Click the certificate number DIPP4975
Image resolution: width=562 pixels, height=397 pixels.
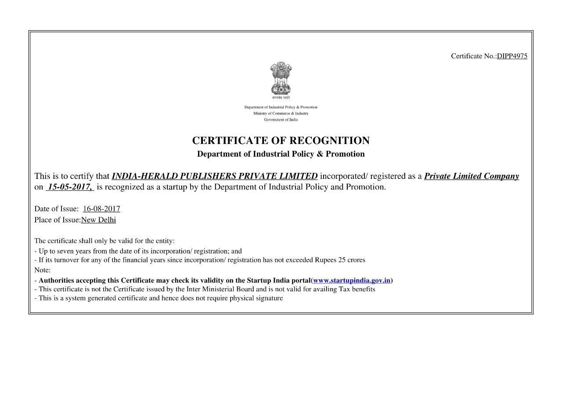[512, 56]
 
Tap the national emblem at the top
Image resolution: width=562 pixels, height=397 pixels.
[281, 79]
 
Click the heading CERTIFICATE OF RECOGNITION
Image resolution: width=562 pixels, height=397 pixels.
[281, 141]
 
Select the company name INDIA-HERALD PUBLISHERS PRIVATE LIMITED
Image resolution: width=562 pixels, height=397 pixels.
[215, 176]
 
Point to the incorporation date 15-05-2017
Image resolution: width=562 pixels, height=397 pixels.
[70, 187]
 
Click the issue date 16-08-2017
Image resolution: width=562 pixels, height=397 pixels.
[101, 209]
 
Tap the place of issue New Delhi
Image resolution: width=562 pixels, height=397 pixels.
[98, 220]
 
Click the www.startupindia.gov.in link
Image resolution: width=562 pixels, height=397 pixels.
[352, 280]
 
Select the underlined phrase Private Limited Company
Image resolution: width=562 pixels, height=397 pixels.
[471, 176]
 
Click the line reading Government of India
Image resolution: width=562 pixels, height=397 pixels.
[281, 120]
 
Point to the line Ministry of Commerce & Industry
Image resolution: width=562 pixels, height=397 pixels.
[281, 114]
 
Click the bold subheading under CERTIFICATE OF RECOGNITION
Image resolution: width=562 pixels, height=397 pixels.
[281, 154]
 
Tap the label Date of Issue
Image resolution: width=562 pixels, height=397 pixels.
[56, 209]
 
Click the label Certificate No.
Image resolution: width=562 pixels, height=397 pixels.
[473, 56]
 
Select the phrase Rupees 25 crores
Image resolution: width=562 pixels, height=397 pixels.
[340, 260]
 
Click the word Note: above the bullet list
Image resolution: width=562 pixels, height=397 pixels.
[43, 270]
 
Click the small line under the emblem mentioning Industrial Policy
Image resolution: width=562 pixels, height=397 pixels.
[281, 107]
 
